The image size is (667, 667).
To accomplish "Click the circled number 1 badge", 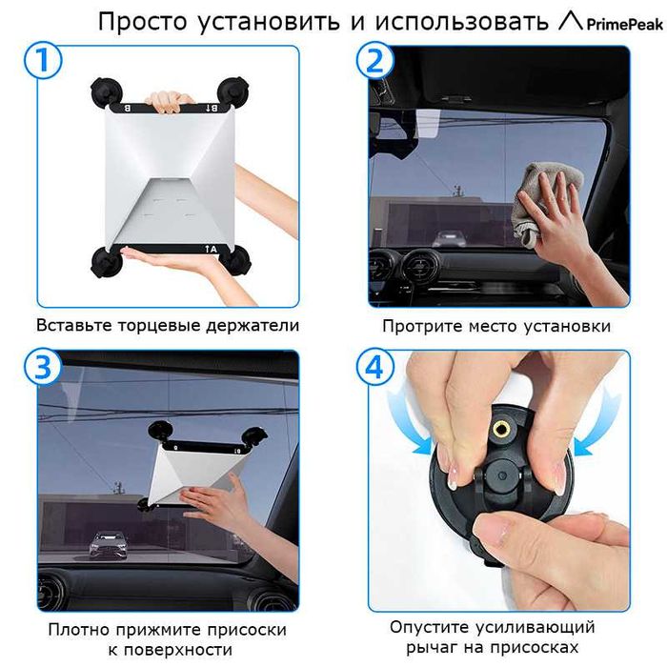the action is (43, 61).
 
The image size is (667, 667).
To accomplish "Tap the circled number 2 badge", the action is (374, 61).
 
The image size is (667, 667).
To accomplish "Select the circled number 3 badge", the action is (43, 366).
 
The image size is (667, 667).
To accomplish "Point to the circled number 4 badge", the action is (374, 366).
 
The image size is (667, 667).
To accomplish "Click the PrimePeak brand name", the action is (625, 24).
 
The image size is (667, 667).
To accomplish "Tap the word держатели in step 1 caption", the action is (253, 326).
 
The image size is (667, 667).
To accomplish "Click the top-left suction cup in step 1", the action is (107, 93).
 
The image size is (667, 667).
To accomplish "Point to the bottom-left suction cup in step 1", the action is (107, 262).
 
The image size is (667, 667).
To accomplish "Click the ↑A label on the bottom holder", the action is (211, 250).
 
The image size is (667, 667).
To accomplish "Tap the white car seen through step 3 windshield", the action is (108, 545).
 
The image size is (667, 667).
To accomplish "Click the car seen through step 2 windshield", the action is (450, 238).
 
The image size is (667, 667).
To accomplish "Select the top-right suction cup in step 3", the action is (254, 436).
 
